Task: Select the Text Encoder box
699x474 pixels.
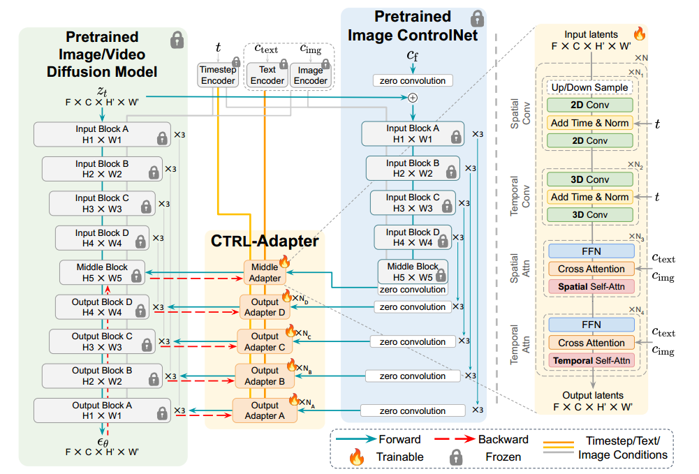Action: coord(267,75)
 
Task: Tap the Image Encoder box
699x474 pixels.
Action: coord(310,75)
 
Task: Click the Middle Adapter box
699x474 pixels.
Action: coord(264,273)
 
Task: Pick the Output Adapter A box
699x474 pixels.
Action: coord(265,410)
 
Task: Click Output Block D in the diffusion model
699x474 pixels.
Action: coord(102,307)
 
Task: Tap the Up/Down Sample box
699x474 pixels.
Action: coord(590,88)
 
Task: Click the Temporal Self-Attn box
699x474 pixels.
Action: coord(591,361)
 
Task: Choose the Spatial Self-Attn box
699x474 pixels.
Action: coord(591,286)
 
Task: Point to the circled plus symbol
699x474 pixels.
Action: coord(412,98)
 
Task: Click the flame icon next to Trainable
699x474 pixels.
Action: coord(357,457)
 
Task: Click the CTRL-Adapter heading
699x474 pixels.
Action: coord(265,242)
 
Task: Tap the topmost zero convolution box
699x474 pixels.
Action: coord(413,80)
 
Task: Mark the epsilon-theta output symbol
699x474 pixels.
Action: coord(103,441)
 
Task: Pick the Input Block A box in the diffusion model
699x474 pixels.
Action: coord(102,134)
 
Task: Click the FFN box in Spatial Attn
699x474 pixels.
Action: coord(591,251)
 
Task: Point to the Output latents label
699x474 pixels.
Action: coord(591,395)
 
